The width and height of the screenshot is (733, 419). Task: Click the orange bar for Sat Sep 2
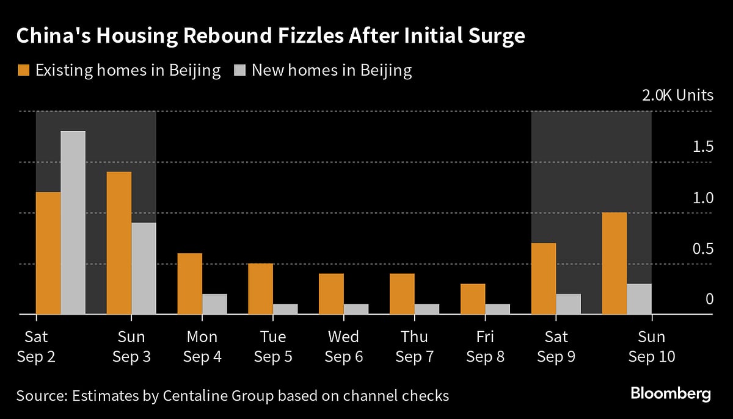pos(48,253)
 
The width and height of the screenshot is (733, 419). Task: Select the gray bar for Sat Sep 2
pos(73,223)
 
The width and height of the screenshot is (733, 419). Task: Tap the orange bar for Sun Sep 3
pos(119,243)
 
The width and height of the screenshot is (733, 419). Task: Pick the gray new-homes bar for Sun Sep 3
pos(144,268)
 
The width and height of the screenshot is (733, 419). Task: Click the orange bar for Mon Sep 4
pos(189,284)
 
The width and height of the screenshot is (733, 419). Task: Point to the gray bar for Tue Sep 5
pos(285,309)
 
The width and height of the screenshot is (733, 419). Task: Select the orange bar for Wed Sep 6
pos(331,294)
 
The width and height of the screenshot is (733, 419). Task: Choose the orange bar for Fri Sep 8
pos(473,299)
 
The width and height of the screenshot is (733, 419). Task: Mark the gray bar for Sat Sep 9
pos(568,304)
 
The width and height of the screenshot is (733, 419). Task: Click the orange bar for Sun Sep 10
pos(614,263)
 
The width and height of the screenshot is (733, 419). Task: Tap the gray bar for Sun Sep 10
pos(639,299)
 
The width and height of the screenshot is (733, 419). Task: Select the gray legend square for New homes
pos(239,70)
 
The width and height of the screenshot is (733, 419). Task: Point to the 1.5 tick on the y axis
pos(700,147)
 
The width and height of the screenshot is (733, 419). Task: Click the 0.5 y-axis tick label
pos(700,249)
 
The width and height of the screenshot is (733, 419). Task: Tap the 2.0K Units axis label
pos(676,95)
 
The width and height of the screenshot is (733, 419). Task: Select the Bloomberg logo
pos(670,394)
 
